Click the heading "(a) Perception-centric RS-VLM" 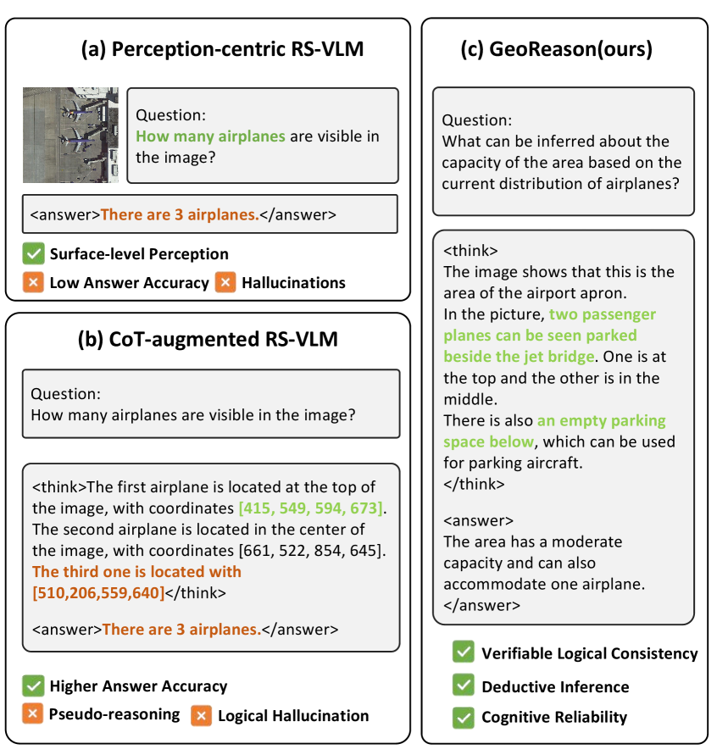coord(222,49)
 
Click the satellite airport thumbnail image coord(71,135)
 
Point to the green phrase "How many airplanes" coord(210,136)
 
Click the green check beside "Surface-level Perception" coord(33,253)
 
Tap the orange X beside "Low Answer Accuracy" coord(33,282)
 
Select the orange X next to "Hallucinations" coord(225,282)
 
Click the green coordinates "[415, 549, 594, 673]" coord(310,508)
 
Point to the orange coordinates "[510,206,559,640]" coord(98,592)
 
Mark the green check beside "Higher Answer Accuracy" coord(33,686)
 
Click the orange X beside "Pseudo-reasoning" coord(33,714)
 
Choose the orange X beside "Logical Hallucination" coord(201,715)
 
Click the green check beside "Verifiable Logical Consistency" coord(463,652)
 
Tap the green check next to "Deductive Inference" coord(463,686)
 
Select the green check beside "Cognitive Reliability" coord(463,717)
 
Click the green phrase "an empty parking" coord(601,420)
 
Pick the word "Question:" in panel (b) coord(65,394)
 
